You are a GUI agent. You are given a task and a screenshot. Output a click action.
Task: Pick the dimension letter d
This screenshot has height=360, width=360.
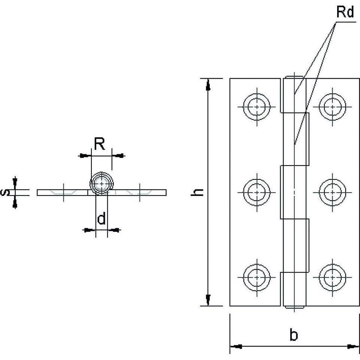101,219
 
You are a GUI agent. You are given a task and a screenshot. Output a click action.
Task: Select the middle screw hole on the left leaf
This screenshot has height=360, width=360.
257,192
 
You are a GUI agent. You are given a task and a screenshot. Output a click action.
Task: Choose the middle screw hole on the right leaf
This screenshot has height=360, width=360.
332,192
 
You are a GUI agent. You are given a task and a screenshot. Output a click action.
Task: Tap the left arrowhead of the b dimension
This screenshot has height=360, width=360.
235,347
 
